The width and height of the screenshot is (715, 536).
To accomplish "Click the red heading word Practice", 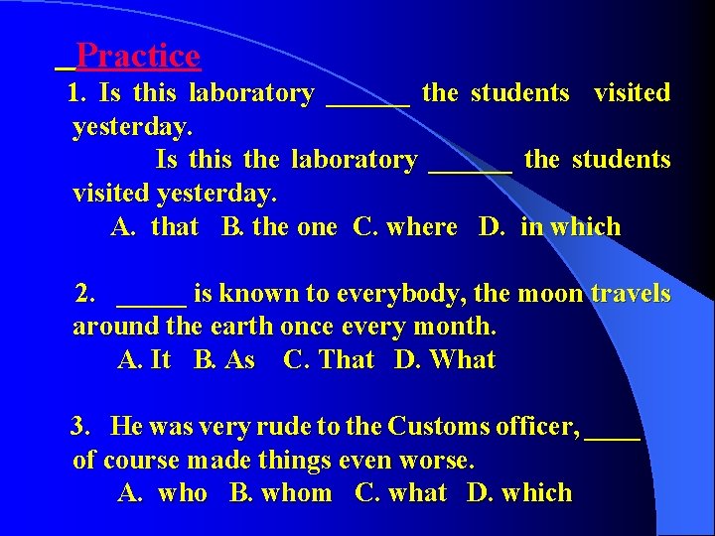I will [x=137, y=56].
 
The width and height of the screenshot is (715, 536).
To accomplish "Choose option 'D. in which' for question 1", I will [x=549, y=227].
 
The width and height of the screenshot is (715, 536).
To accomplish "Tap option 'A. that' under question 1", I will [x=155, y=227].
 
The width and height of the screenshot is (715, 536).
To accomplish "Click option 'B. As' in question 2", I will [x=224, y=360].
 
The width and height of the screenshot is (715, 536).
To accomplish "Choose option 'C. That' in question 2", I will [x=329, y=360].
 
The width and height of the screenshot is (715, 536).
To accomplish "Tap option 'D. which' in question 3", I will [x=519, y=493].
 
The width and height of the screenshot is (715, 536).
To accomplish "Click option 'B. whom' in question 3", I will [x=280, y=493].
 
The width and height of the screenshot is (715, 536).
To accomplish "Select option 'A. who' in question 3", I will [x=162, y=493].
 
